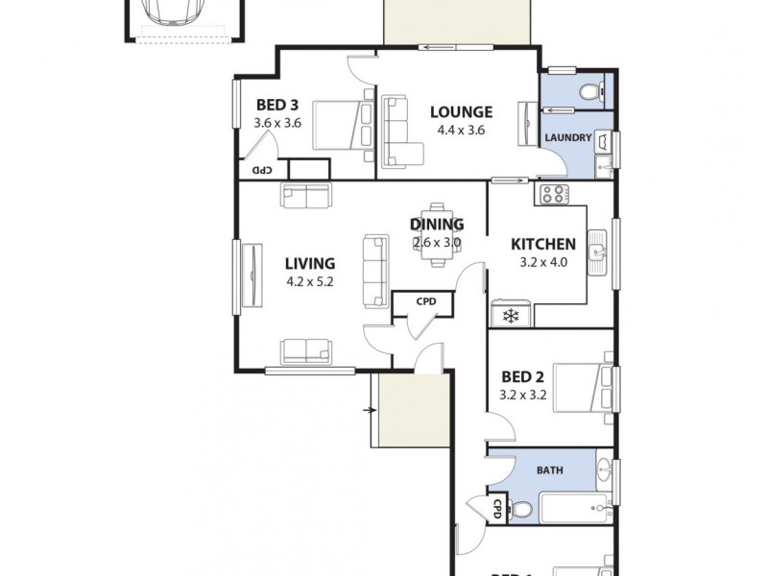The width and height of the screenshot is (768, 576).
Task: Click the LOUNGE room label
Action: (x=461, y=111)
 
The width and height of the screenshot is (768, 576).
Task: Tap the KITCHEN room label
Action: (x=542, y=244)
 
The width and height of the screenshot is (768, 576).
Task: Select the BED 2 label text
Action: (x=522, y=376)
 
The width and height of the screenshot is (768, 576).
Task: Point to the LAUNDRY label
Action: (x=567, y=137)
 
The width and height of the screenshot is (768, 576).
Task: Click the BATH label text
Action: (x=549, y=470)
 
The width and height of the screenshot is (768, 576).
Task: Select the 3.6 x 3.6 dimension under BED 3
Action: (x=278, y=123)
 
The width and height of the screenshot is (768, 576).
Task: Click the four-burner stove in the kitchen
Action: (x=552, y=195)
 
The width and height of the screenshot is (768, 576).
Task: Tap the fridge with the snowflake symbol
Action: (x=511, y=315)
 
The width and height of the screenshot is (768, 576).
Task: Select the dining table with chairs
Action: (x=438, y=233)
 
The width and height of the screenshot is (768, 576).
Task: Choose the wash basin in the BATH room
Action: (x=603, y=471)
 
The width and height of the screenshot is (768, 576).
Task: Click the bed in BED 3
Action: (x=341, y=125)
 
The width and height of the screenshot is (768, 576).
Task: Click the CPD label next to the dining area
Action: (x=426, y=301)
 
